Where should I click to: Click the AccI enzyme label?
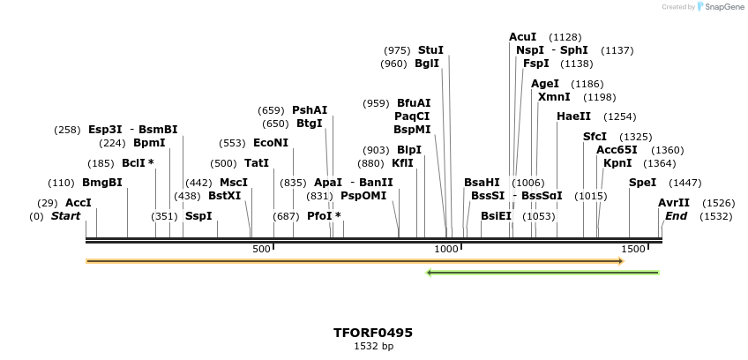[79, 203]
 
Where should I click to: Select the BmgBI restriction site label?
[102, 183]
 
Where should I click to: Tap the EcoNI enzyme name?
[271, 143]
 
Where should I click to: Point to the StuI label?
[430, 50]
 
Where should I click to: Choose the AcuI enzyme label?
[523, 37]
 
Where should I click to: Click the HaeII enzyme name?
[573, 116]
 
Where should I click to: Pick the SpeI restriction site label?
[642, 183]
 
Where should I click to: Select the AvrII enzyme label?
[674, 203]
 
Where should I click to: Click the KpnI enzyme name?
[617, 163]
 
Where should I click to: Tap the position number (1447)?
[685, 183]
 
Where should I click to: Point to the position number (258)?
[67, 130]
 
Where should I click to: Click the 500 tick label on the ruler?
[261, 250]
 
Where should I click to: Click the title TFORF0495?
[373, 333]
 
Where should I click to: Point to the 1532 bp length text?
[373, 347]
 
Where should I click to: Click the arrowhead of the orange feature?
[621, 261]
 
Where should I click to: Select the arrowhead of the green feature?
[429, 273]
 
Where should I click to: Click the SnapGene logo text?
[723, 7]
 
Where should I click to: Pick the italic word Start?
[65, 216]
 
